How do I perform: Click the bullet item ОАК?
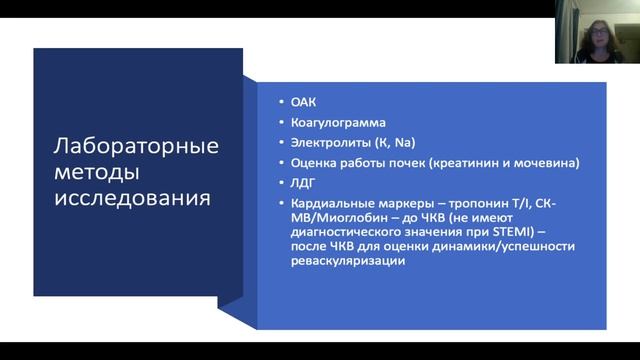click(x=302, y=101)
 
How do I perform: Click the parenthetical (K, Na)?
click(x=391, y=141)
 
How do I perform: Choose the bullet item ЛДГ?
click(x=301, y=183)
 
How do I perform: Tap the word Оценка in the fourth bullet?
click(x=311, y=162)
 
